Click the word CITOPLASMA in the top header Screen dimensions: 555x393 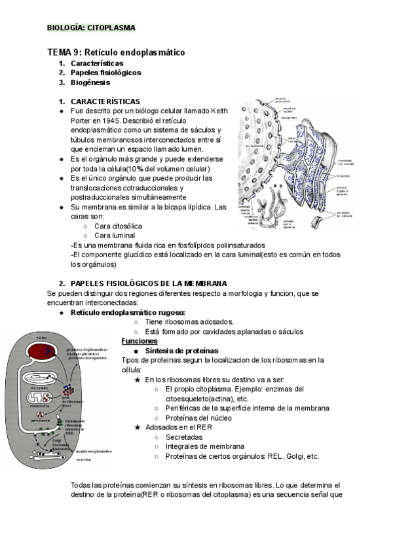(x=113, y=27)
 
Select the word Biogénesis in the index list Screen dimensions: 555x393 (x=90, y=82)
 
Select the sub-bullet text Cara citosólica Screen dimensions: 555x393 (x=118, y=226)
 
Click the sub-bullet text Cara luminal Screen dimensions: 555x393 (x=115, y=236)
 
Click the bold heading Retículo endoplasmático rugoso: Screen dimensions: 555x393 (x=128, y=313)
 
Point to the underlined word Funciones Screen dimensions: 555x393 (x=140, y=341)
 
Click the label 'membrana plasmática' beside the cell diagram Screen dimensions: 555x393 (x=93, y=452)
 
